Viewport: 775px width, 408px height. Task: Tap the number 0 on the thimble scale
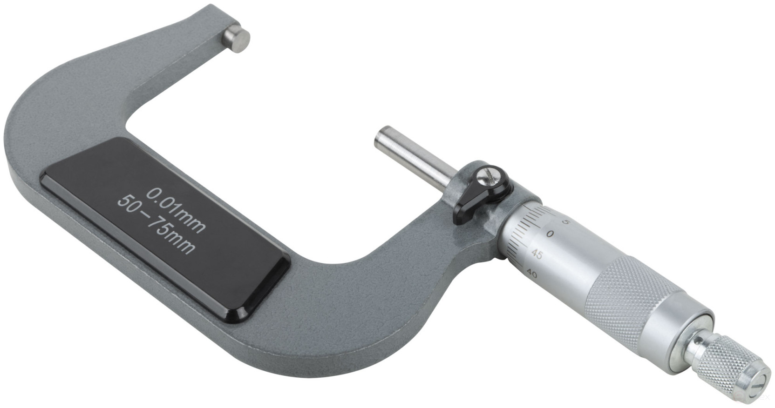(550, 234)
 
